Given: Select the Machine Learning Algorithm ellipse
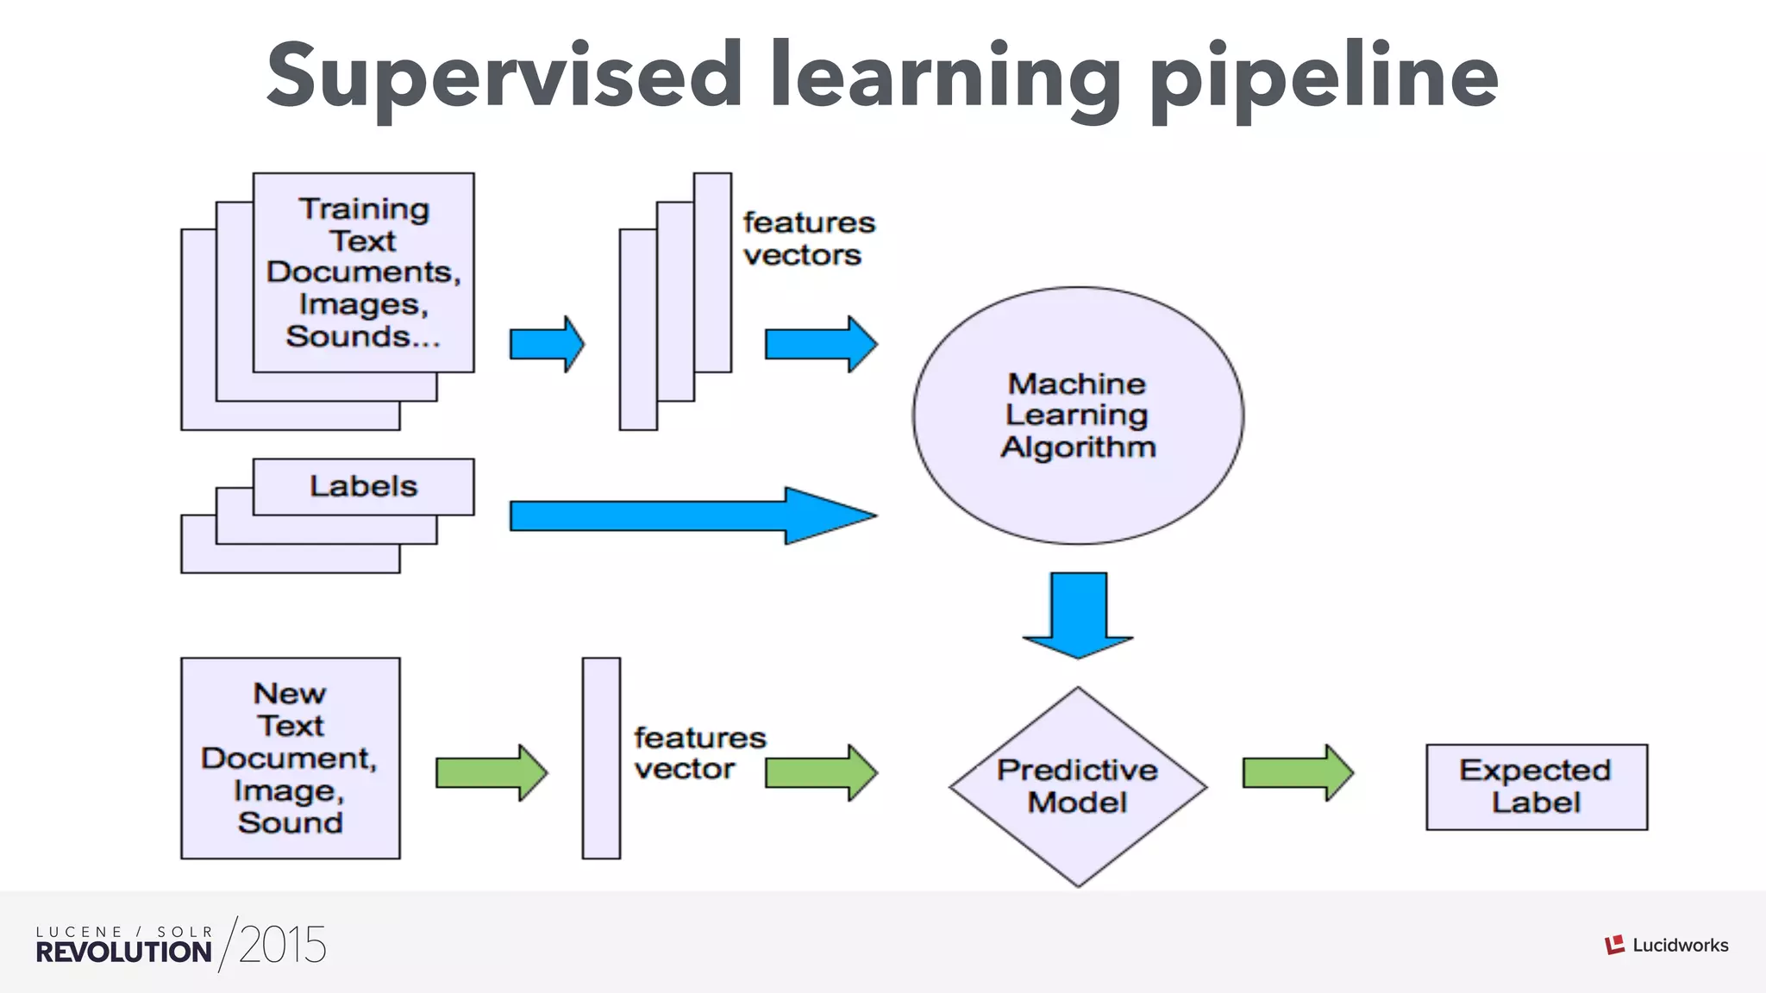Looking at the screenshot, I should (1077, 415).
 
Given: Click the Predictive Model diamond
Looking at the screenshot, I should (1077, 786).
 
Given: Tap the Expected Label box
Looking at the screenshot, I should (1536, 786).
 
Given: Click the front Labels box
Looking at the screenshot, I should (363, 486).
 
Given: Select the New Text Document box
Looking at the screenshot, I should (290, 758).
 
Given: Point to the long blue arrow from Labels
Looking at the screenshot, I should (690, 515).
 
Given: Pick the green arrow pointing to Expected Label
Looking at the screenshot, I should (1297, 772).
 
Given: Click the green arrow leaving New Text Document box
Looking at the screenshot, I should (491, 772).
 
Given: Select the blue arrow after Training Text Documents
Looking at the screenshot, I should (547, 344).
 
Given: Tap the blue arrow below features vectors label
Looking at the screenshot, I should (820, 344).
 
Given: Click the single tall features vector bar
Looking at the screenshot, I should (601, 758).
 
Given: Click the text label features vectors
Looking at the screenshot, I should (807, 239).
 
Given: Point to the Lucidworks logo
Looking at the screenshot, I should (1666, 945).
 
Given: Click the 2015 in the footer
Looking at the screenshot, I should (282, 946).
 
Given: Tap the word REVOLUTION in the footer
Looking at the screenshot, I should (123, 952).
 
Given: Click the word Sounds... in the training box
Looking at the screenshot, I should (363, 336).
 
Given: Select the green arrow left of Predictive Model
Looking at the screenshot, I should (820, 772).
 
